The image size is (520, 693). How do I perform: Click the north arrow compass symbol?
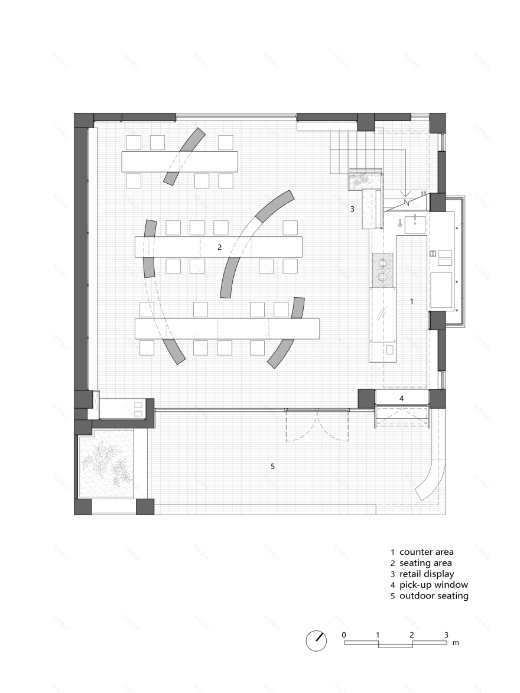coord(316,640)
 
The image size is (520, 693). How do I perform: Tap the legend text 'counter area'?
coord(426,552)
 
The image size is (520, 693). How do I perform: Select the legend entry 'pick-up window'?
coord(433,585)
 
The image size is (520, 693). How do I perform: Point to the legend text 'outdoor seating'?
coord(433,596)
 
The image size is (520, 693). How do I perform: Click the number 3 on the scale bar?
coord(446,635)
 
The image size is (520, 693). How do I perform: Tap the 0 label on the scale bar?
coord(344,635)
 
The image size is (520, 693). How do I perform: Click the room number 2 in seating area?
coord(219,247)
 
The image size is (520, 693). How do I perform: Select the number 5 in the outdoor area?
coord(272,466)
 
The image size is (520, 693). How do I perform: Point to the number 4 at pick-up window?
coord(401,398)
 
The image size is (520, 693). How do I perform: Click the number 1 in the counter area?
coord(412,301)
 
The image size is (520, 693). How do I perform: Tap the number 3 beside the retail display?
coord(352,209)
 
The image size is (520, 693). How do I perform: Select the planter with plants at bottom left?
coord(107,463)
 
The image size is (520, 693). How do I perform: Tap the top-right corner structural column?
coord(437,122)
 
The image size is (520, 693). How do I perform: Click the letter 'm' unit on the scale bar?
coord(455,642)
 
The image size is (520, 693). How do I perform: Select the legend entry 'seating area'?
coord(425,563)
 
